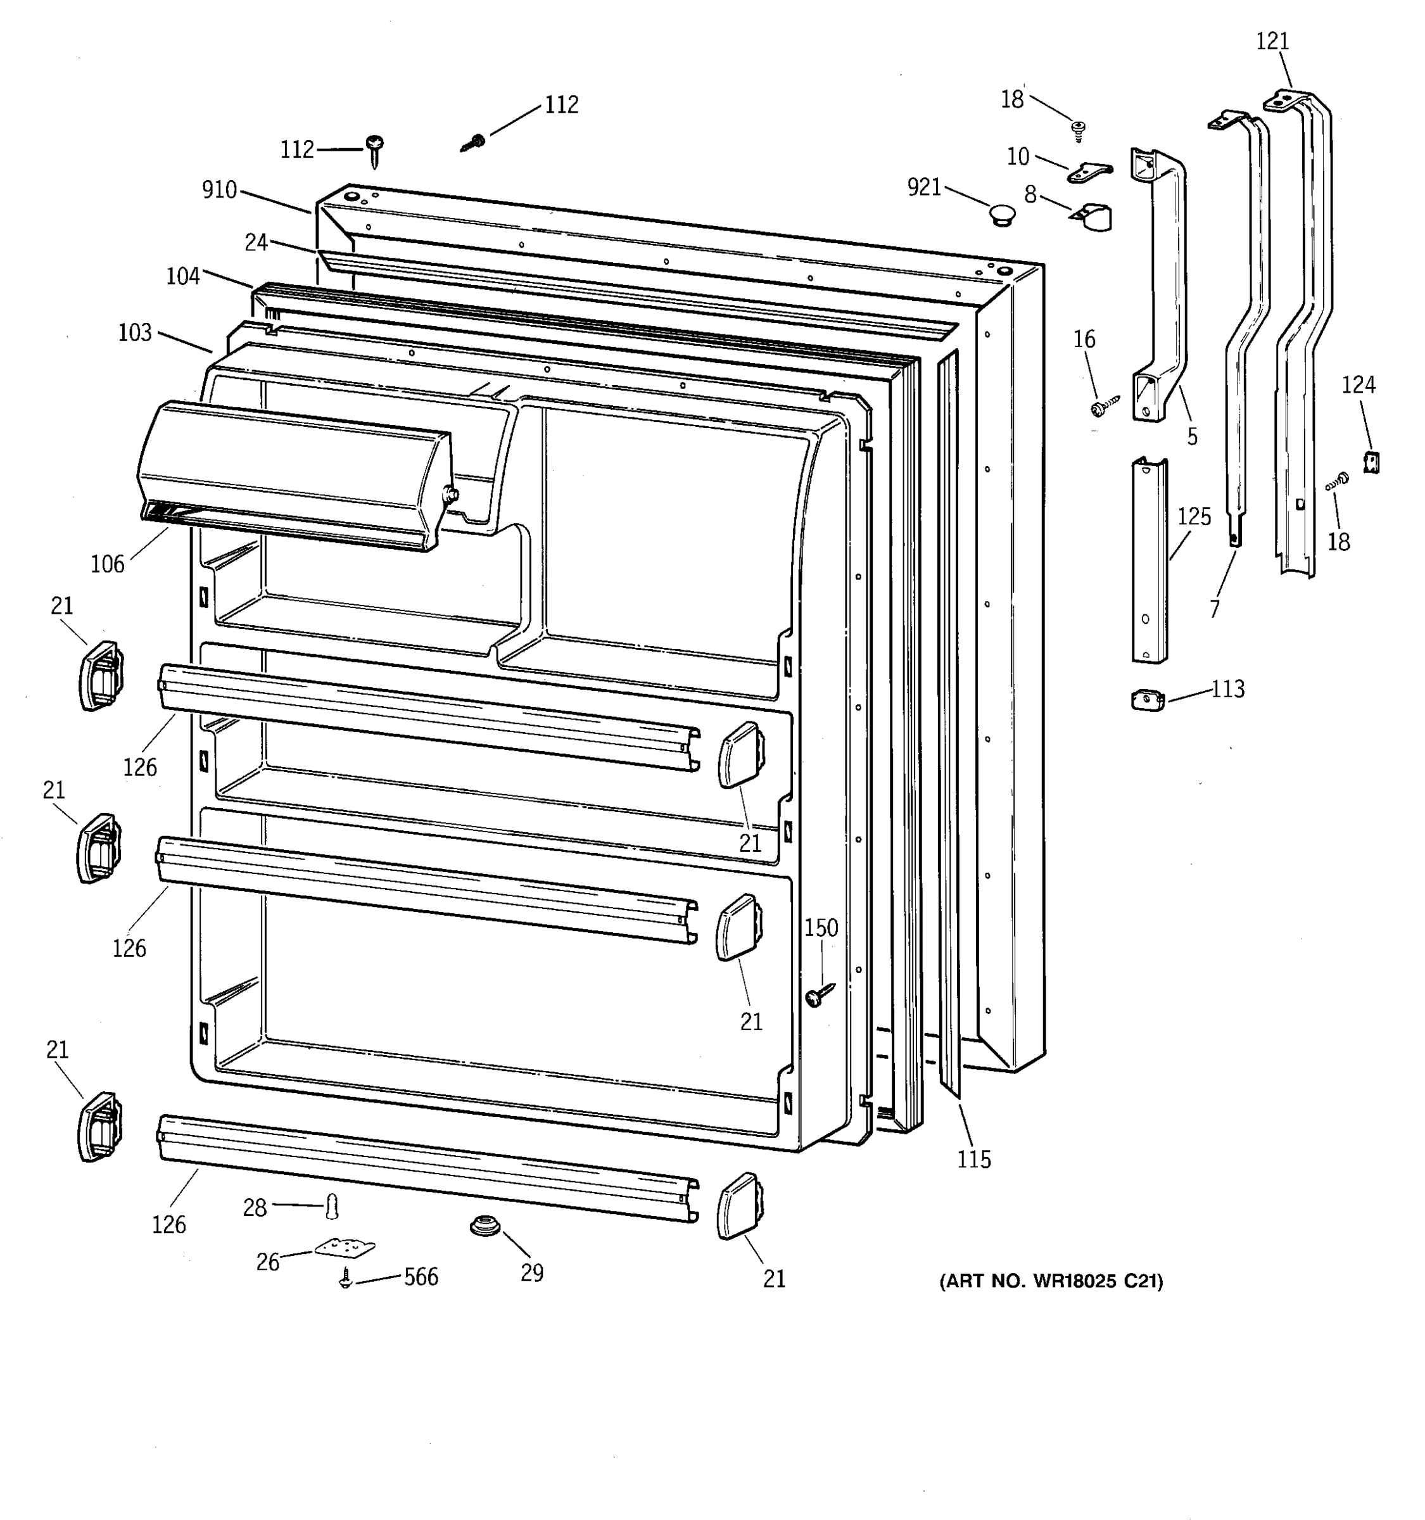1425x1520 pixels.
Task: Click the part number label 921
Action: [x=923, y=187]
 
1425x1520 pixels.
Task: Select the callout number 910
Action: [x=219, y=189]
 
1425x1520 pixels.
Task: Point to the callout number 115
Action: [x=973, y=1159]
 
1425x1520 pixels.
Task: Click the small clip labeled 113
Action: [x=1148, y=700]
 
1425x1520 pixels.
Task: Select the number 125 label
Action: [x=1193, y=517]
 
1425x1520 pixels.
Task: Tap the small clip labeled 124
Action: [x=1371, y=462]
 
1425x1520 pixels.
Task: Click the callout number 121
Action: [x=1272, y=41]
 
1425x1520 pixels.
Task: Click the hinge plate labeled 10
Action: [x=1089, y=174]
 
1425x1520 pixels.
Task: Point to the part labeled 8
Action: [x=1092, y=217]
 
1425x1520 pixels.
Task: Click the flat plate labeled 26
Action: [x=344, y=1248]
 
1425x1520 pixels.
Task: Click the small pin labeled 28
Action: [x=332, y=1206]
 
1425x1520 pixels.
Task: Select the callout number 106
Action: [x=107, y=564]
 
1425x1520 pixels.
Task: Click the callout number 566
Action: [x=421, y=1277]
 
